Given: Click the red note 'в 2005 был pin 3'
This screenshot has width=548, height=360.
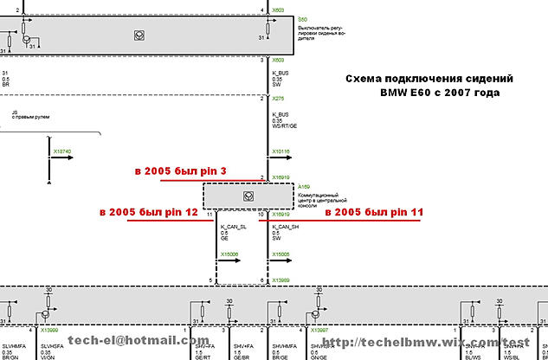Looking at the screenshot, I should click(180, 172).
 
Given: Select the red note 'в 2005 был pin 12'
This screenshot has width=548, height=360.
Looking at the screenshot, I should click(149, 211).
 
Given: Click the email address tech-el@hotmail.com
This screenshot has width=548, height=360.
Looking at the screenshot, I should click(139, 341).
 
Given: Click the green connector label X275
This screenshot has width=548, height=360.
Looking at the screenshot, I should click(278, 98).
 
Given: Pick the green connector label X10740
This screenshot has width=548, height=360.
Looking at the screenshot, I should click(62, 151).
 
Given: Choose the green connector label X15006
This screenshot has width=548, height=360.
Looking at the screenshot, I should click(229, 254).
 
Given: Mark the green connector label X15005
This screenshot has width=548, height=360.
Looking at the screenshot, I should click(282, 254).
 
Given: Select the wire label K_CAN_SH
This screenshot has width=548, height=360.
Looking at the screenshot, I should click(286, 226).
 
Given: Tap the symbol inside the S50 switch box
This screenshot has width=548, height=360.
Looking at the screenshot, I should click(139, 35).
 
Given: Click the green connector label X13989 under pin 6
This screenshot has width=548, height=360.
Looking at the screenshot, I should click(282, 281).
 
